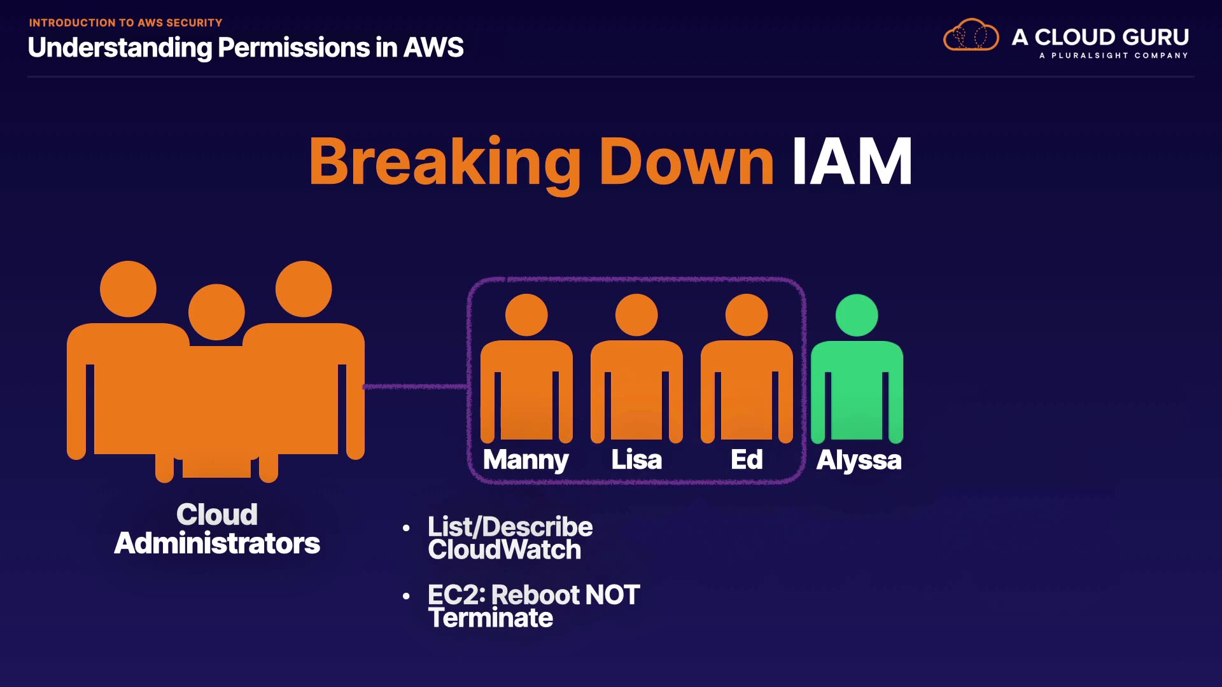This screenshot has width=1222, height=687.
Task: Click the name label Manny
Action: (525, 460)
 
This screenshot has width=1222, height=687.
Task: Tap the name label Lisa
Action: (636, 460)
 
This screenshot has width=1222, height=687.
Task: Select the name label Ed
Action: (747, 460)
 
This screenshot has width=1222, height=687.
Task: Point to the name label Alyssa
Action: (859, 460)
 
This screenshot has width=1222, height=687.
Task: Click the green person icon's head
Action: (857, 315)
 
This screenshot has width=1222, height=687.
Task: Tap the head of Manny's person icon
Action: (526, 315)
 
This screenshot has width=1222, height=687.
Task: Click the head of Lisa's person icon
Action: (636, 315)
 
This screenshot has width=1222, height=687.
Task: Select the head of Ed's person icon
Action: (747, 315)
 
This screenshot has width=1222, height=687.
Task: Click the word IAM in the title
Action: (852, 162)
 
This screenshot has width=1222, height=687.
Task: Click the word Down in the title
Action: (686, 162)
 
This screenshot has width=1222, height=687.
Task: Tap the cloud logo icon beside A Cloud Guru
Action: (971, 35)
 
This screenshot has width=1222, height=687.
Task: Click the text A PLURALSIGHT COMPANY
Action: (1113, 56)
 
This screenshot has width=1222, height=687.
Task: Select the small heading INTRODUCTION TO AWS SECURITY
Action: (125, 23)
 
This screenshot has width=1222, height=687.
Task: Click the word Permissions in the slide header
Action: (293, 48)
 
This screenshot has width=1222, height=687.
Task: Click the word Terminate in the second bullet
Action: (490, 618)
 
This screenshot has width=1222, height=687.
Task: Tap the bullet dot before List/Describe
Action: (406, 528)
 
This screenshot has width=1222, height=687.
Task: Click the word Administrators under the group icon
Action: (217, 543)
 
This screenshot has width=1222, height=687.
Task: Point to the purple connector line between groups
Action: (416, 386)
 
